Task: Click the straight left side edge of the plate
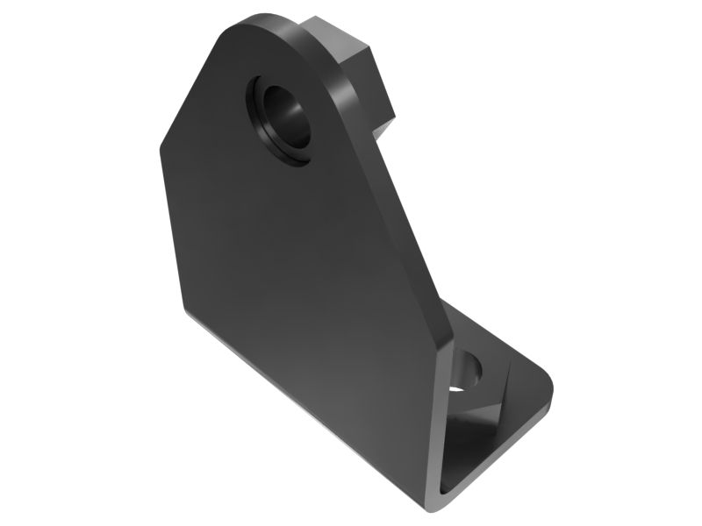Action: click(172, 228)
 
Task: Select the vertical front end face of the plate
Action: click(433, 421)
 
